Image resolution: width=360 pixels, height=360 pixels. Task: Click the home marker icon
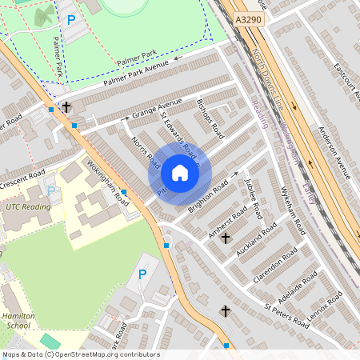[x=179, y=173]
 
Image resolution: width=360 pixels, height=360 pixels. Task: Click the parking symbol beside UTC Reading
[x=52, y=192]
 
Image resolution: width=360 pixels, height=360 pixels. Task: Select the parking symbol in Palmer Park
[x=71, y=19]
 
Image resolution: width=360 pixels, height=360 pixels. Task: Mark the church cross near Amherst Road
[x=225, y=238]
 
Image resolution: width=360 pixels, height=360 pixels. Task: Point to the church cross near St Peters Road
[x=225, y=311]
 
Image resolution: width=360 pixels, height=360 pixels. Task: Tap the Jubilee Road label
[x=252, y=199]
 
